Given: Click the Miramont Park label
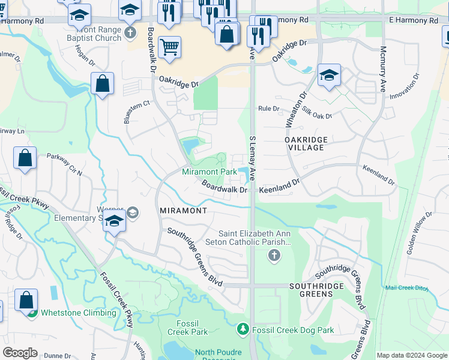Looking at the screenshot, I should (209, 172).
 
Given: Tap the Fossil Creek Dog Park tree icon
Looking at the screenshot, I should (243, 329).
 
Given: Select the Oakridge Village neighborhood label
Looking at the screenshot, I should (306, 143).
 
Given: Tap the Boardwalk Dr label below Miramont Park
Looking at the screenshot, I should (224, 187).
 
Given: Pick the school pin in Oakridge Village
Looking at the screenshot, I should (329, 75).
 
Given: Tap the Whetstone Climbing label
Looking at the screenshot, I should (78, 313).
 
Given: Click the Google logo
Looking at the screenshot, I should (20, 353).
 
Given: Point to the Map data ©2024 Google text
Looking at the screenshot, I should (411, 355).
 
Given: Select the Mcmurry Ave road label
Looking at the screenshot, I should (383, 69).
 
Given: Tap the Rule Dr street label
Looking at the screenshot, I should (268, 109).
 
